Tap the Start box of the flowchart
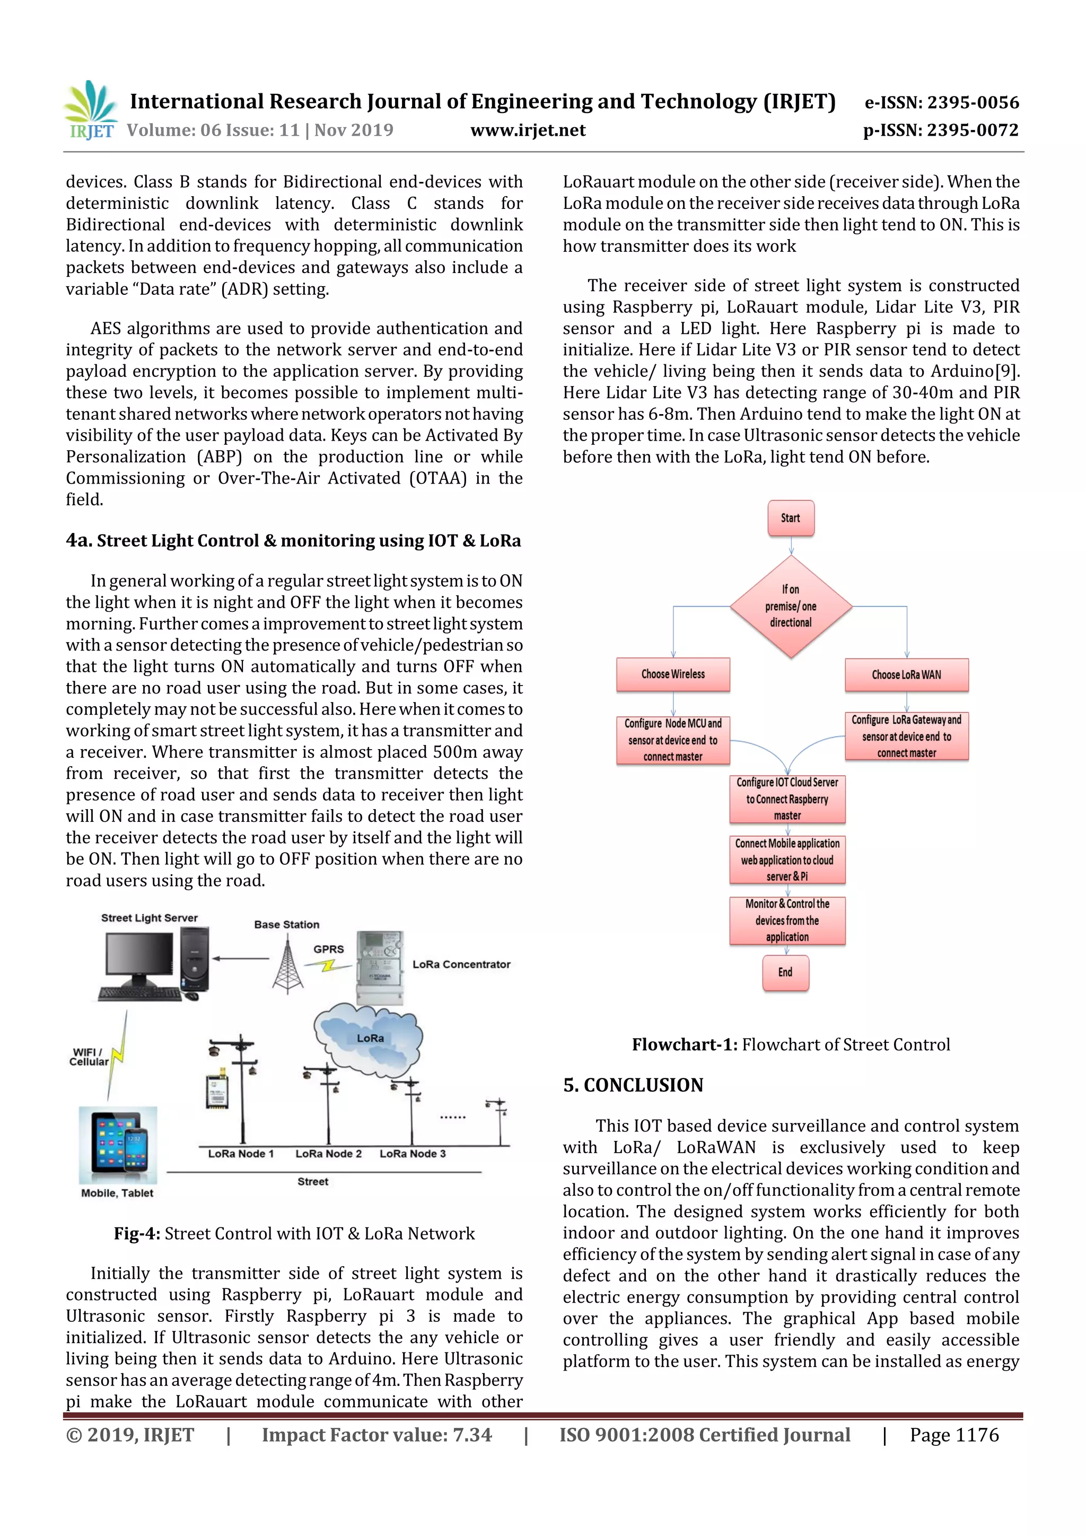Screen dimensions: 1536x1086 click(x=790, y=519)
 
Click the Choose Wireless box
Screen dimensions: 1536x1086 click(x=672, y=674)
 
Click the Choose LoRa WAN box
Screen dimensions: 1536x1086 click(x=906, y=675)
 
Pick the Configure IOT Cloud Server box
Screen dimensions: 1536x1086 click(x=787, y=799)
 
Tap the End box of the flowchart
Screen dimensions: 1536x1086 click(x=785, y=972)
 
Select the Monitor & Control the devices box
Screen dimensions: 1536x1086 click(x=787, y=920)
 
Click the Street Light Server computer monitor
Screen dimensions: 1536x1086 click(x=138, y=956)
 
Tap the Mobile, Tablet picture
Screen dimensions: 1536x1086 click(x=118, y=1146)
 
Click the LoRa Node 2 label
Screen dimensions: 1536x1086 click(x=329, y=1153)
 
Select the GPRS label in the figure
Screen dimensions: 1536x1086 click(x=329, y=949)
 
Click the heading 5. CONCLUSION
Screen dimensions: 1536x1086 click(x=633, y=1085)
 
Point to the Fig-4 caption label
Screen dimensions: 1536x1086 click(x=136, y=1233)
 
